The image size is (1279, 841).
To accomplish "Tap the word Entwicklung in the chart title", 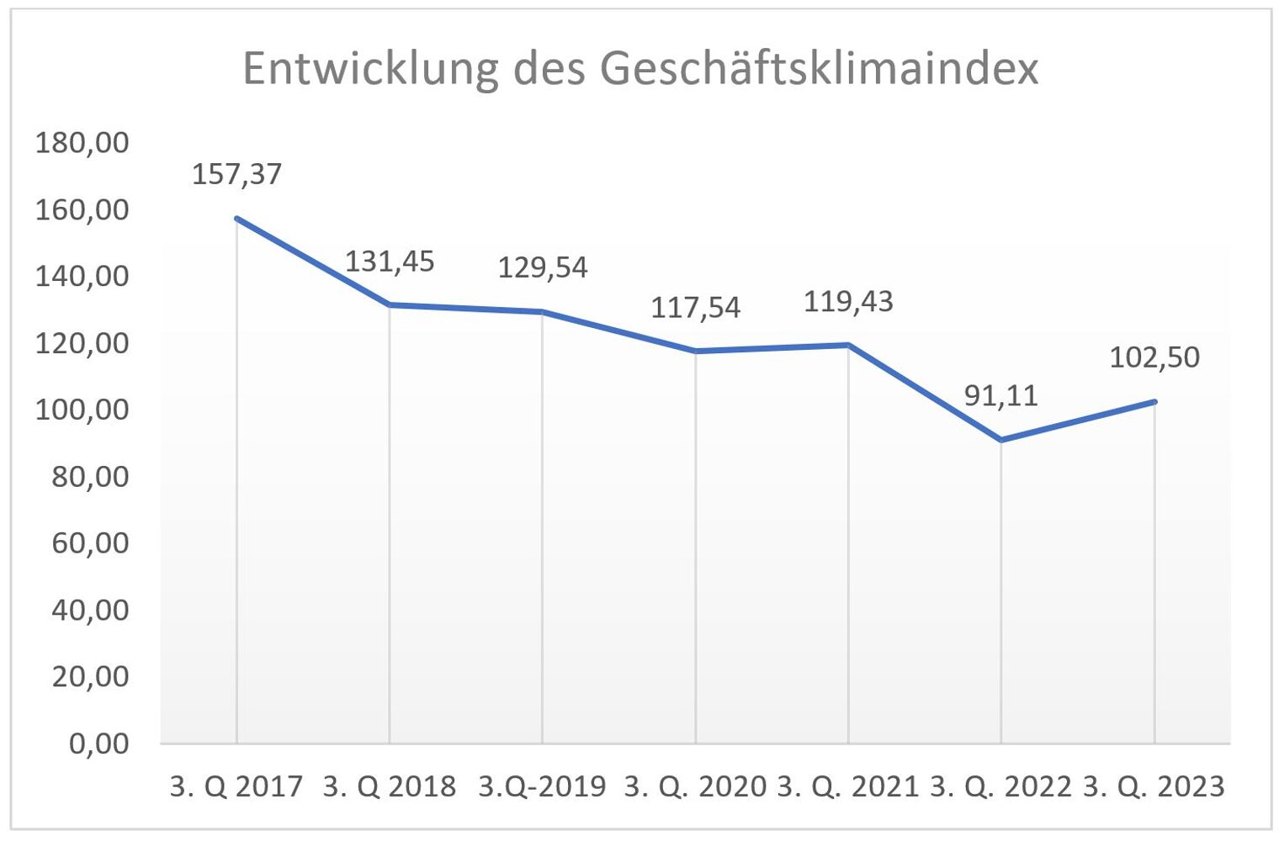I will pyautogui.click(x=370, y=69).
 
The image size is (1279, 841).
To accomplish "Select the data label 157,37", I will pyautogui.click(x=236, y=174).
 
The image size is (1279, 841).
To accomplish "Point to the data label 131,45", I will pyautogui.click(x=390, y=262).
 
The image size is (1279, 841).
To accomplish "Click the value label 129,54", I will pyautogui.click(x=543, y=267).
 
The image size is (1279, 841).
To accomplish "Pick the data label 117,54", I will pyautogui.click(x=695, y=308).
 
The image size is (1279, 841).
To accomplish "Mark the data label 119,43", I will pyautogui.click(x=848, y=302).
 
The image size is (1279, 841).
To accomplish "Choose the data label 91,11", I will pyautogui.click(x=1000, y=395).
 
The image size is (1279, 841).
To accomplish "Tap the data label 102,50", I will pyautogui.click(x=1154, y=357).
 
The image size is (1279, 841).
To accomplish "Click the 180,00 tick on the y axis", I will pyautogui.click(x=82, y=143).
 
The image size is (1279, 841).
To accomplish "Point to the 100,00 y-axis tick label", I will pyautogui.click(x=82, y=410).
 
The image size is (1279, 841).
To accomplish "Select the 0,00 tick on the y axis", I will pyautogui.click(x=98, y=743).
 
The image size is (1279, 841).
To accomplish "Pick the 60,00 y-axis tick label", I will pyautogui.click(x=90, y=543).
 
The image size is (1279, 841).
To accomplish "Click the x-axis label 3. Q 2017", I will pyautogui.click(x=236, y=787).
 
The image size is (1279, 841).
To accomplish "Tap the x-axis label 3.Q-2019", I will pyautogui.click(x=543, y=787).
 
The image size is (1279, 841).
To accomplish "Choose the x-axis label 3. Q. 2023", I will pyautogui.click(x=1154, y=787).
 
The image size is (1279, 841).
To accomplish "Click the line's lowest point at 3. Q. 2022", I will pyautogui.click(x=1001, y=440).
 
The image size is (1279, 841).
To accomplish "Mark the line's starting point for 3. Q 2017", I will pyautogui.click(x=236, y=219).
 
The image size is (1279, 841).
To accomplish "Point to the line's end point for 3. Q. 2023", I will pyautogui.click(x=1154, y=402).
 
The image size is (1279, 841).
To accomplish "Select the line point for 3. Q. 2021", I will pyautogui.click(x=848, y=345).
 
